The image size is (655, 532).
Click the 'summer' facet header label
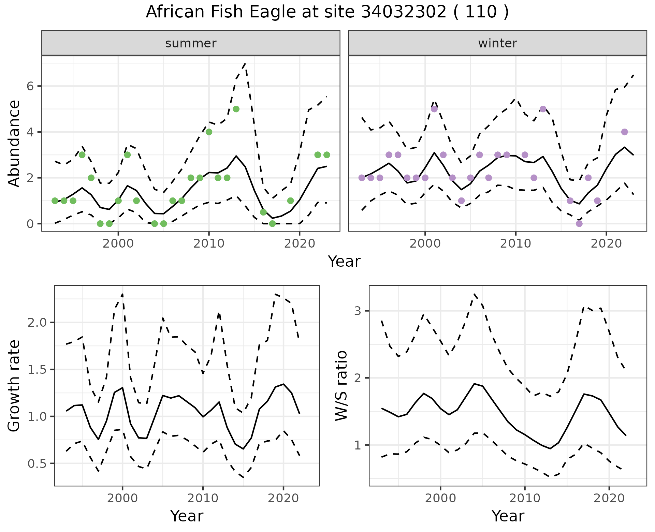191,43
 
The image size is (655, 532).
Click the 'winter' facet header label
497,43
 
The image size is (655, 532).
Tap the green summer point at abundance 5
236,109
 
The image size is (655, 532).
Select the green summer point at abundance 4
209,132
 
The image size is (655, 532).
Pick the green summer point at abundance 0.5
263,212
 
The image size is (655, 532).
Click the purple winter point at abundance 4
625,132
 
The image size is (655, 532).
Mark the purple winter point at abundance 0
579,224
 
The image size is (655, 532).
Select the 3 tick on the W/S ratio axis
358,311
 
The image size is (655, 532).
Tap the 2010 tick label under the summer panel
209,243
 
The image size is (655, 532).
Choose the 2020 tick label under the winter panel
606,243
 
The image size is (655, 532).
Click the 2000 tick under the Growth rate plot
122,498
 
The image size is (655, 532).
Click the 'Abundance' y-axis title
14,143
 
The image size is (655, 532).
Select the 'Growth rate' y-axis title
14,386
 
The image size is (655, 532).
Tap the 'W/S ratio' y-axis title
341,386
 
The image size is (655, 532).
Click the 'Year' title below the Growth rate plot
187,516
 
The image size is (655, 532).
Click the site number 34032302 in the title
403,12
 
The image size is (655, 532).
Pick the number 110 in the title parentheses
481,12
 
